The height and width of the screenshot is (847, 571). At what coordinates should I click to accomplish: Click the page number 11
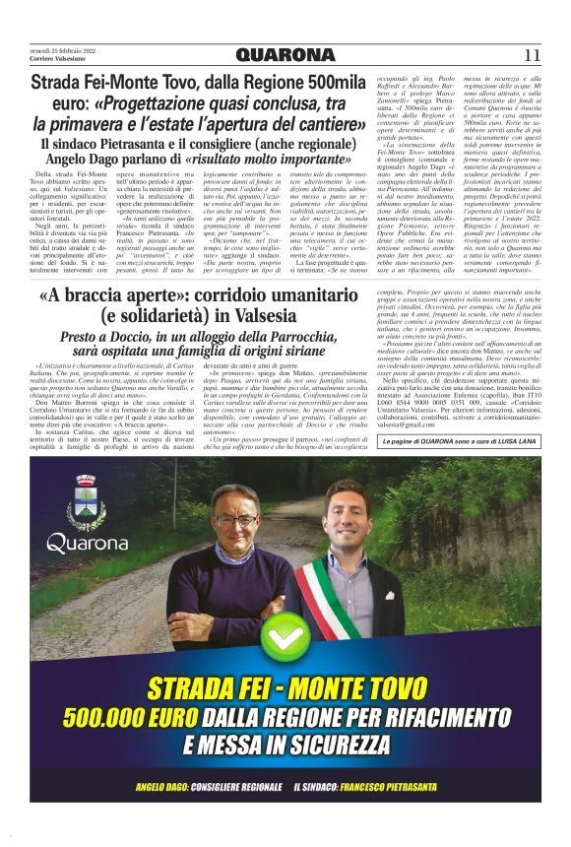point(533,55)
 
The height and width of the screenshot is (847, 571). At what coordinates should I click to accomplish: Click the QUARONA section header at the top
point(285,55)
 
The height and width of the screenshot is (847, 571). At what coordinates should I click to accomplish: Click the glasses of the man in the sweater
point(235,521)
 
